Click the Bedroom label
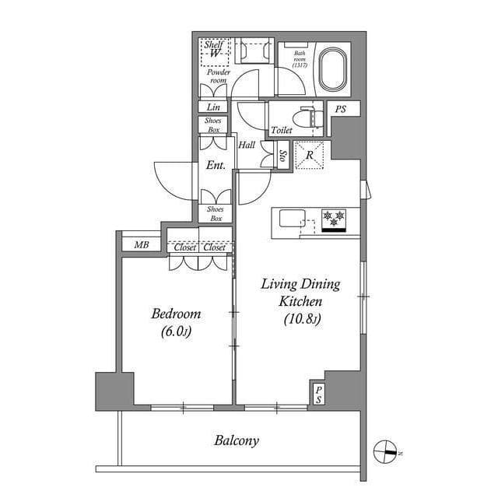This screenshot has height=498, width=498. coord(176,314)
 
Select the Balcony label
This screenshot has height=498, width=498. coord(237,440)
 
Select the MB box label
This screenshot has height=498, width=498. coord(142,245)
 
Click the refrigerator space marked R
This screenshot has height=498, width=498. coord(310,155)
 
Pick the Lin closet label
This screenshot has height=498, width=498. coord(213,107)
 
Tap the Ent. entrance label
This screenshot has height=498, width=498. coord(216,165)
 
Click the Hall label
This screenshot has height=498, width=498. coord(247,146)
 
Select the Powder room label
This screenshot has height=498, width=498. coord(217,76)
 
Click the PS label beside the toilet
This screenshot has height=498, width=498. coord(340,110)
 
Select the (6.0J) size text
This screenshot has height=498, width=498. coord(176,331)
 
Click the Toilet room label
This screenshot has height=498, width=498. coord(282,130)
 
